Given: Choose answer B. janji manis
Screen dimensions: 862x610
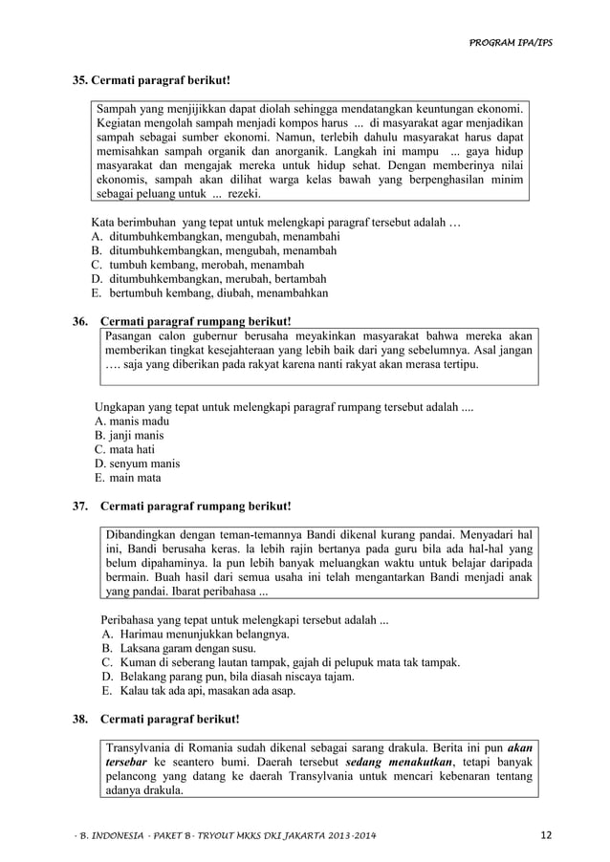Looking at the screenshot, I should coord(129,434).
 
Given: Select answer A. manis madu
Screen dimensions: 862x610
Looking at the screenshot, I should coord(132,420).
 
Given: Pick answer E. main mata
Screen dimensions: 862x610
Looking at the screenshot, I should coord(128,478).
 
